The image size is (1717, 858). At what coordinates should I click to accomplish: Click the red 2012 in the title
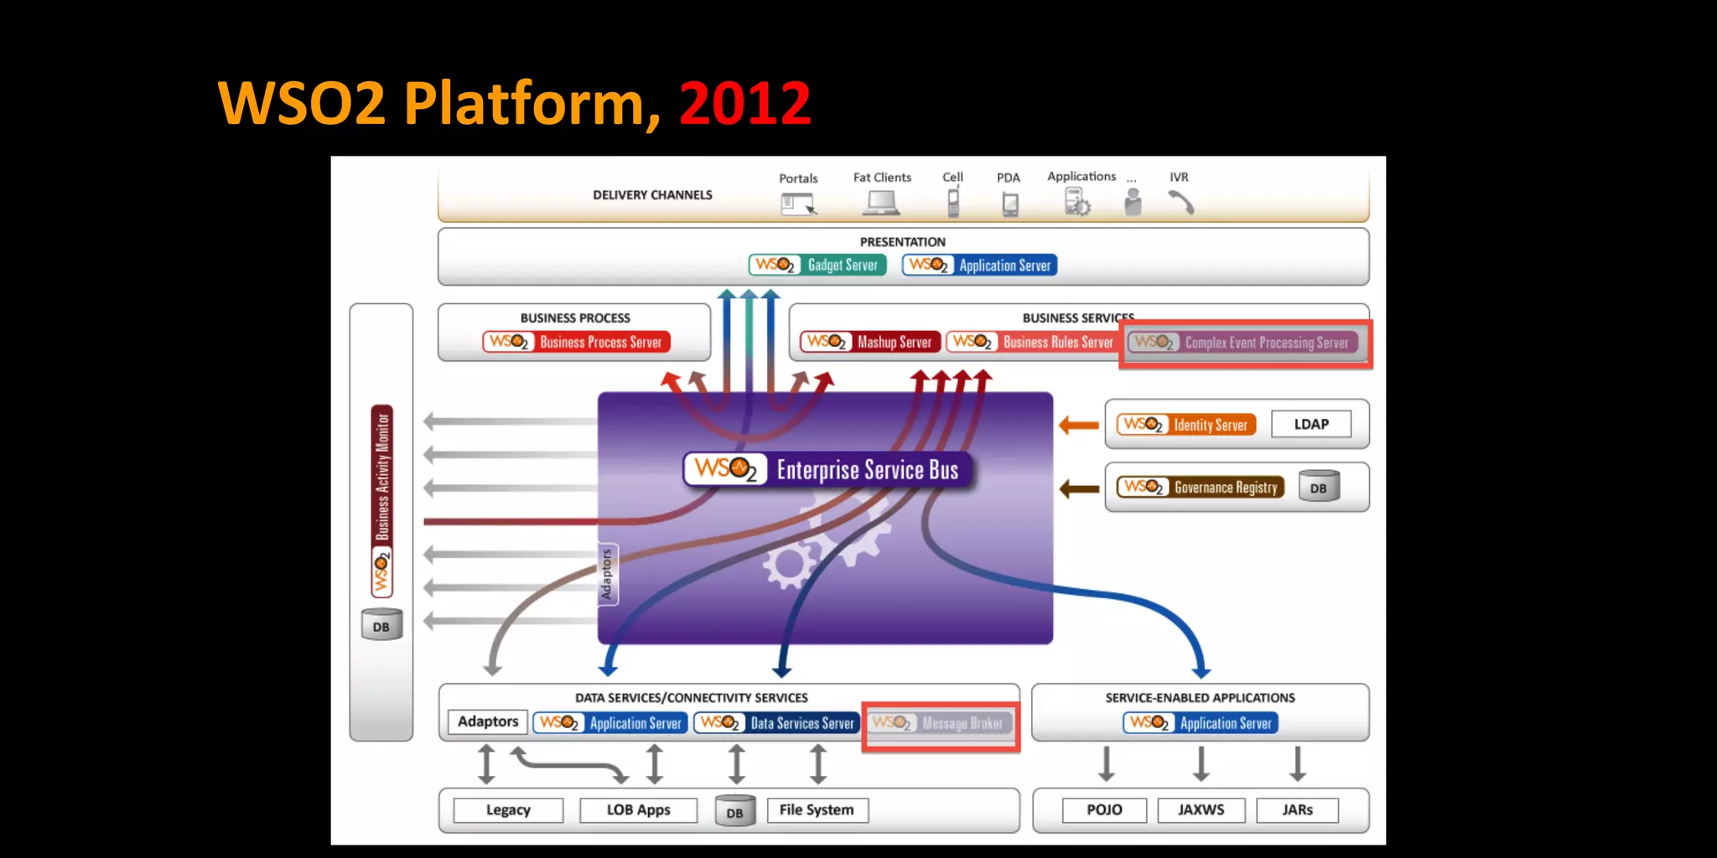pyautogui.click(x=744, y=104)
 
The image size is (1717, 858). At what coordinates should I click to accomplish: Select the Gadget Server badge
pyautogui.click(x=817, y=265)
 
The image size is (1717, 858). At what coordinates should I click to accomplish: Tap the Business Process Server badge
pyautogui.click(x=576, y=342)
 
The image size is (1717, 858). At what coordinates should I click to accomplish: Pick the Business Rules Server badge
pyautogui.click(x=1032, y=342)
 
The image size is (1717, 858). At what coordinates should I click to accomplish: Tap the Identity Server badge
pyautogui.click(x=1186, y=425)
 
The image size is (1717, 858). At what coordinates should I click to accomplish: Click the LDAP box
pyautogui.click(x=1311, y=424)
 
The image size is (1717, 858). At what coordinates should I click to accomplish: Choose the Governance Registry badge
pyautogui.click(x=1200, y=487)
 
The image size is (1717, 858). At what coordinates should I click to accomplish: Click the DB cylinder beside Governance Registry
pyautogui.click(x=1319, y=487)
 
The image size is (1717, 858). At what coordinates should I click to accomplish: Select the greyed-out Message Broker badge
pyautogui.click(x=939, y=723)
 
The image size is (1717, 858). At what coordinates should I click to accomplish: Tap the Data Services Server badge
pyautogui.click(x=776, y=723)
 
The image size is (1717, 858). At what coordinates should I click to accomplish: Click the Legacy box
pyautogui.click(x=508, y=810)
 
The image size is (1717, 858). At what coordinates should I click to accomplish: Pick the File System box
pyautogui.click(x=817, y=810)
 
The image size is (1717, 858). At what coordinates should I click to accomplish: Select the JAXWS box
pyautogui.click(x=1201, y=810)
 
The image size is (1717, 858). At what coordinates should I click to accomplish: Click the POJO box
pyautogui.click(x=1104, y=810)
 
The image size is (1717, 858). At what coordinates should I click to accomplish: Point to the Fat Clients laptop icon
pyautogui.click(x=881, y=203)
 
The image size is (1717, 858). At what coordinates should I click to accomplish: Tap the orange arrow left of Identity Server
pyautogui.click(x=1079, y=426)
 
